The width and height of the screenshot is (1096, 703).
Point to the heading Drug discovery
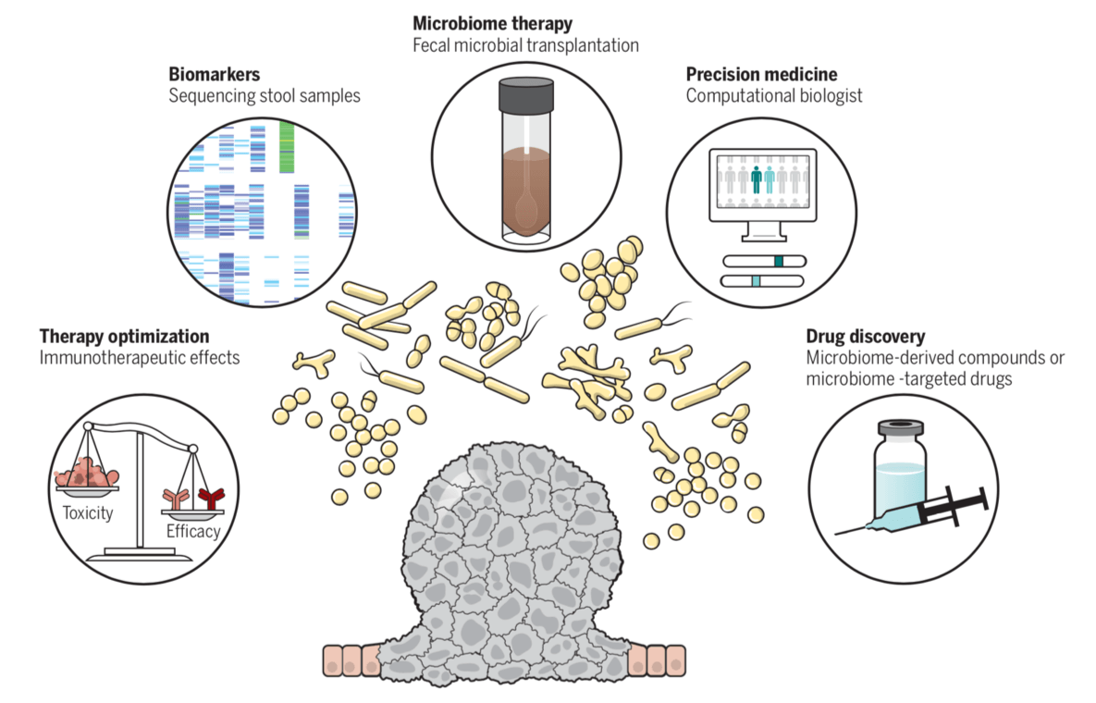[x=865, y=336]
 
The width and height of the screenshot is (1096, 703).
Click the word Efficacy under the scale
[x=193, y=531]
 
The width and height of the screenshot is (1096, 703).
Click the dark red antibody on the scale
[x=214, y=499]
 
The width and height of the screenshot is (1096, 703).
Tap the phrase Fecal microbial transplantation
[x=525, y=44]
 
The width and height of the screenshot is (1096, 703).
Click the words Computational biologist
[x=774, y=96]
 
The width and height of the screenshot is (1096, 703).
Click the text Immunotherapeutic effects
[x=140, y=357]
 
